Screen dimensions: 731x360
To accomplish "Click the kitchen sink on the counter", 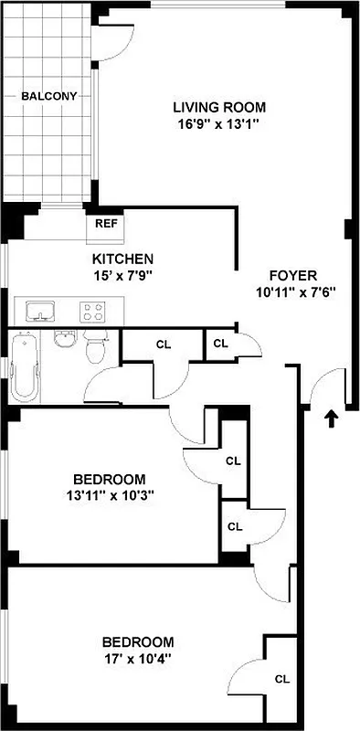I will [39, 312].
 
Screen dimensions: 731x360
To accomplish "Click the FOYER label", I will [292, 276].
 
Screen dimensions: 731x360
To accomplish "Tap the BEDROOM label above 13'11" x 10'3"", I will [109, 480].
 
